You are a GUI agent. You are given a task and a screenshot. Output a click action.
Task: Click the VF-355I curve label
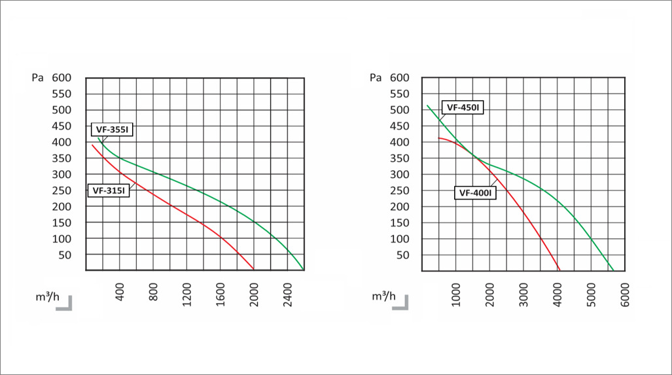112,130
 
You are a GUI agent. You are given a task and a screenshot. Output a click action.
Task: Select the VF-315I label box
109,190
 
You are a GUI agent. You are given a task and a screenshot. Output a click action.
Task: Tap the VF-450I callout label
463,107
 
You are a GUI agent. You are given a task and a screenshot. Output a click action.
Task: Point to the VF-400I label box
475,193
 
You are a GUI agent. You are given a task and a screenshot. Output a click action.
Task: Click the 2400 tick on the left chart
287,295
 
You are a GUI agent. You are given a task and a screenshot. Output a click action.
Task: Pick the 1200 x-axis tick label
187,295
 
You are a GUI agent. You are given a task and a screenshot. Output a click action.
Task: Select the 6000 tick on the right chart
625,295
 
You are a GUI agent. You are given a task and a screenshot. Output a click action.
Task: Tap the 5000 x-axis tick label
591,295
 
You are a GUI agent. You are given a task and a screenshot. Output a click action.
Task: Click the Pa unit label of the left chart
38,78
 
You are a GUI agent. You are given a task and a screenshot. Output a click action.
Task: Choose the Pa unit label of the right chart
376,78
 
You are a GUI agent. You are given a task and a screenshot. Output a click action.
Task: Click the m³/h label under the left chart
48,296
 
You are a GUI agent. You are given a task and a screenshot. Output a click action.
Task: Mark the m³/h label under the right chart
383,296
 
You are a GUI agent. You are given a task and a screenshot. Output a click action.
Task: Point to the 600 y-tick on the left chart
62,78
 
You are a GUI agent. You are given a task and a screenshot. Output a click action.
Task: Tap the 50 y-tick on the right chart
403,255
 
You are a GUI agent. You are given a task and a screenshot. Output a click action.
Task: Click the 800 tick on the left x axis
153,292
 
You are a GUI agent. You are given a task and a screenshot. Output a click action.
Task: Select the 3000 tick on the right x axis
523,295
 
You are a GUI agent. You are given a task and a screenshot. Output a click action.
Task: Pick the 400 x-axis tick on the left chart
120,292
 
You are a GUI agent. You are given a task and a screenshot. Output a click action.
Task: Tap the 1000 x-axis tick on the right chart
456,295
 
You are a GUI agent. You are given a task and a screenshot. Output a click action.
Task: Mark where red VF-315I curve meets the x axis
254,270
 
